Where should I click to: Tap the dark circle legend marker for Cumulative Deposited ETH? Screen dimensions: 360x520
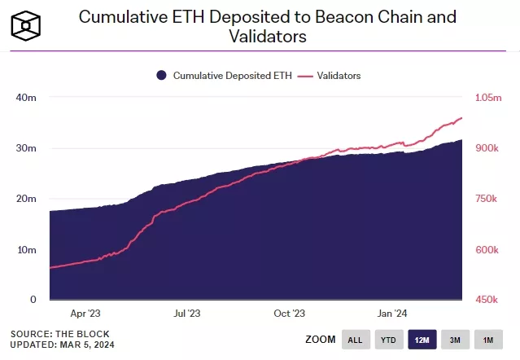point(161,76)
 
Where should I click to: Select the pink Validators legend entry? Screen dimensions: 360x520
point(330,76)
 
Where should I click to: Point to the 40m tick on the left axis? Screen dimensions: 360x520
point(26,98)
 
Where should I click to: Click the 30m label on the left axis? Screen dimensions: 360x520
point(26,148)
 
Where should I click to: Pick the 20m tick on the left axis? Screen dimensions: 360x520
point(26,199)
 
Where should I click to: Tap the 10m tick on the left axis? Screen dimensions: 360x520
point(26,249)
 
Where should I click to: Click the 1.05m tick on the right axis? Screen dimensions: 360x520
point(488,98)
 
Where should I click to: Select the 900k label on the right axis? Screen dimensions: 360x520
point(487,148)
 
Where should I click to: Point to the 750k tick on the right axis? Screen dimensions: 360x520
point(487,199)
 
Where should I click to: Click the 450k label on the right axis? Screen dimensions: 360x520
point(487,300)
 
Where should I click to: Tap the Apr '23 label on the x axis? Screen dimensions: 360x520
point(85,313)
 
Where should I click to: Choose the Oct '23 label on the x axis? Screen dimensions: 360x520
point(290,313)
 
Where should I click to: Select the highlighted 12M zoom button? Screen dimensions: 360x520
point(422,340)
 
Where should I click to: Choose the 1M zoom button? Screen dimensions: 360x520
point(488,340)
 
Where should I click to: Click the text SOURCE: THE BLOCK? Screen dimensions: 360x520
point(59,334)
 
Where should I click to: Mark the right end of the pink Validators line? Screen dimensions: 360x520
point(461,118)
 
